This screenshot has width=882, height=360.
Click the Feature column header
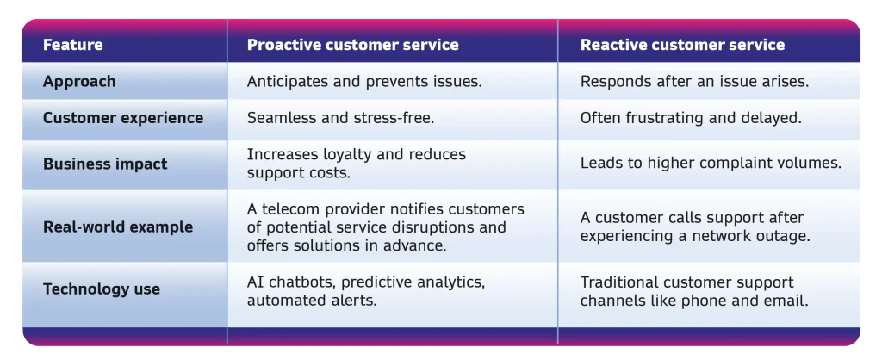73,45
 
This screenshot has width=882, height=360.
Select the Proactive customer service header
352,45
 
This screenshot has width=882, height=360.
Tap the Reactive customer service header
682,45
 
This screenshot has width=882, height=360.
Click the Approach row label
79,82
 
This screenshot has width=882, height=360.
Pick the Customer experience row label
123,118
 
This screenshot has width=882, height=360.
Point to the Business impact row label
105,164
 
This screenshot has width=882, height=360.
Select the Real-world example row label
118,227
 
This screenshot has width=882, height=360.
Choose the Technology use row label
102,289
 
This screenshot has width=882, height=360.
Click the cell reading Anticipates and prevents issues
364,82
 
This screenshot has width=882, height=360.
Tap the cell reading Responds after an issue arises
695,82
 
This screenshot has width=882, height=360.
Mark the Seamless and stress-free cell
340,118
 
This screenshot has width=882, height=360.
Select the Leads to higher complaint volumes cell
711,164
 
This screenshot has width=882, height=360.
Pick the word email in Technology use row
790,301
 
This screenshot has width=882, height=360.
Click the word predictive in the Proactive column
376,282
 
